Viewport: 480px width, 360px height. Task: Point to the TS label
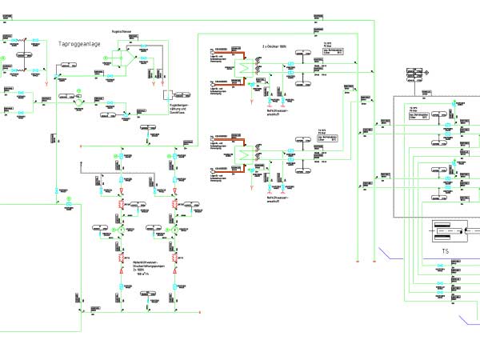click(x=445, y=250)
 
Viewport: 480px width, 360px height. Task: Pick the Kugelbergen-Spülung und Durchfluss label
click(x=178, y=108)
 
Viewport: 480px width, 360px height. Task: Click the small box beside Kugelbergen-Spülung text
click(x=168, y=94)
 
